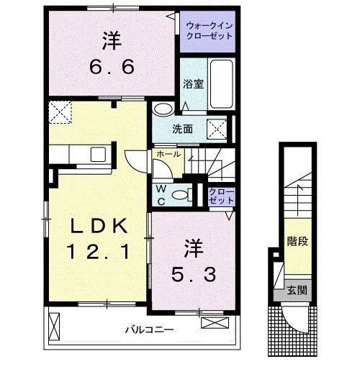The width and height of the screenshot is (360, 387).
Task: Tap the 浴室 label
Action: [x=192, y=83]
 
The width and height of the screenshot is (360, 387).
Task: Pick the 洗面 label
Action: [x=181, y=129]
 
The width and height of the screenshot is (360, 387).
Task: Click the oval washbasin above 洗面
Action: [x=163, y=109]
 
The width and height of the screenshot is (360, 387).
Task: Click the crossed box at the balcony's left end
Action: [x=53, y=327]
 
